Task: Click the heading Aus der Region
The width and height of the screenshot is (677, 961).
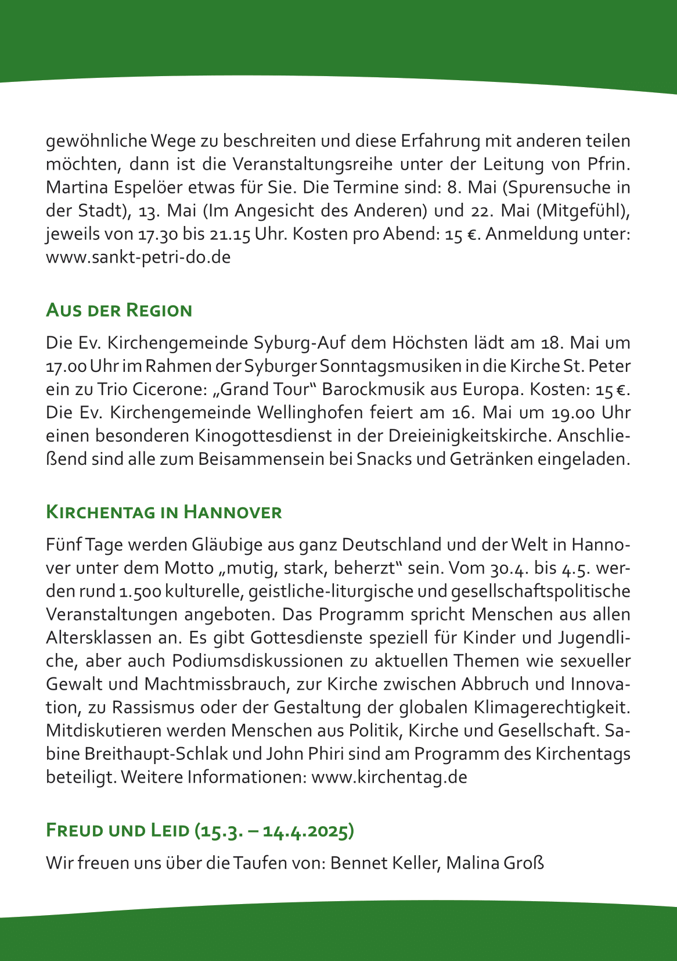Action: pos(119,310)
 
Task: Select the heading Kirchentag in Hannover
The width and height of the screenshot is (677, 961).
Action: pos(164,512)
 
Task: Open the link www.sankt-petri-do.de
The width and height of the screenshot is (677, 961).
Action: pos(138,257)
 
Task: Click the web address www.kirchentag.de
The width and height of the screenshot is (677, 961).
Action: pos(389,777)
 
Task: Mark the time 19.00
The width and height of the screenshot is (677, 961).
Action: pos(571,413)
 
